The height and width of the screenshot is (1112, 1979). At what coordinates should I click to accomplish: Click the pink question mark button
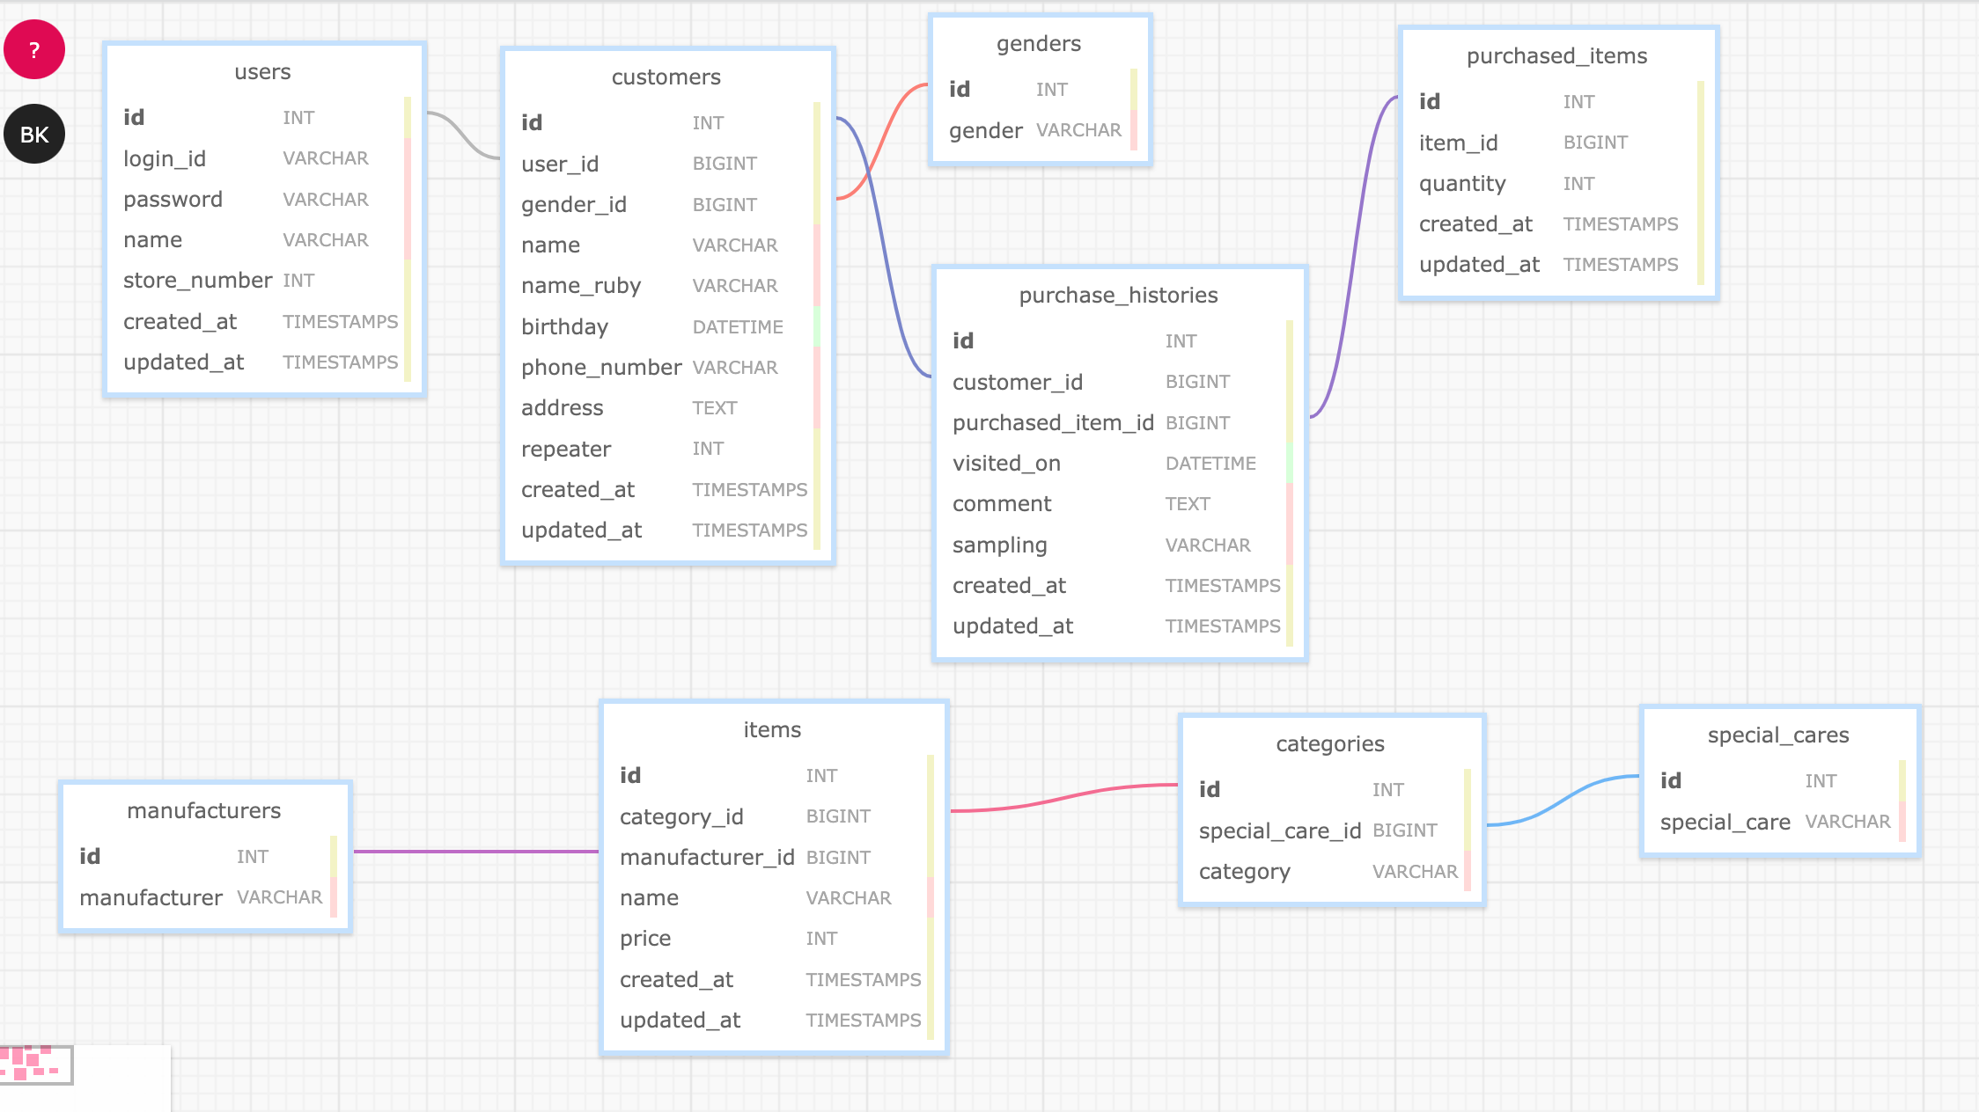pos(34,49)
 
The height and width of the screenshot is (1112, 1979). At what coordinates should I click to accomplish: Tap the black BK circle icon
pos(34,135)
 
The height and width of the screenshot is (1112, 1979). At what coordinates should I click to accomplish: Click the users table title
pos(262,72)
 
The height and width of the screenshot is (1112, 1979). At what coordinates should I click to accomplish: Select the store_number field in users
pos(197,281)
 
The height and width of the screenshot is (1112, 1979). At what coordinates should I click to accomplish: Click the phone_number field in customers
pos(600,368)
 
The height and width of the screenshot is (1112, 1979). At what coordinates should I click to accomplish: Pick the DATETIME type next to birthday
pos(737,327)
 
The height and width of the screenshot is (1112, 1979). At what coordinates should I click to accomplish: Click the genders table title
pos(1038,44)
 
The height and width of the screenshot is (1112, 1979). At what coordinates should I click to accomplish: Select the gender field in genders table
pos(985,131)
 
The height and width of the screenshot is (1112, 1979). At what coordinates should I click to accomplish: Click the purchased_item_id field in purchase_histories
pos(1052,423)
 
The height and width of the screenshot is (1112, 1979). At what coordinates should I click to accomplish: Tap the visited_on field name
pos(1006,464)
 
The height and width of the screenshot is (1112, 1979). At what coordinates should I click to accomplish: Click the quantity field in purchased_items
pos(1461,184)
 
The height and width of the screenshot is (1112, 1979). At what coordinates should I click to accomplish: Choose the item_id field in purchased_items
pos(1458,143)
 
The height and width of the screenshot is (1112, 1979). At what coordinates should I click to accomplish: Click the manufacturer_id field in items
pos(706,858)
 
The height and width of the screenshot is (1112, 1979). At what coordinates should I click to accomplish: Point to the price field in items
pos(644,939)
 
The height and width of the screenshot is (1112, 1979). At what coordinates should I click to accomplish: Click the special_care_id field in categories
pos(1279,831)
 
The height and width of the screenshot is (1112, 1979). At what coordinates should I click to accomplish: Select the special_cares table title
pos(1777,735)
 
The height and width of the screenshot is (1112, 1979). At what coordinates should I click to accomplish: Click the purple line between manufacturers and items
pos(475,852)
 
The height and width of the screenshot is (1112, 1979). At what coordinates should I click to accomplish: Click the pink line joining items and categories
pos(1064,799)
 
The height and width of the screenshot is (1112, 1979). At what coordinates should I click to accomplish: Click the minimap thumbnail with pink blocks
pos(35,1064)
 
